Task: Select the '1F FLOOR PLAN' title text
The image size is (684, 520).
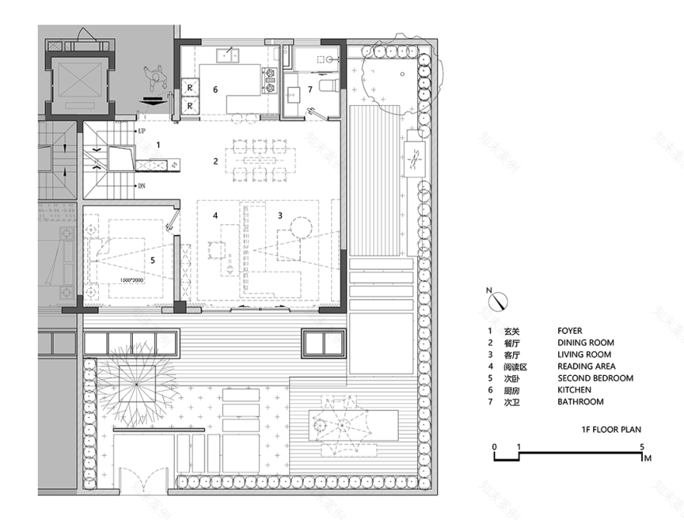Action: [x=611, y=429]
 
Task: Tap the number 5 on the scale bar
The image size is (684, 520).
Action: [x=642, y=446]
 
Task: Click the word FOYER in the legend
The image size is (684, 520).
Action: [x=569, y=331]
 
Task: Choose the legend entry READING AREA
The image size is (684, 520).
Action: [x=586, y=366]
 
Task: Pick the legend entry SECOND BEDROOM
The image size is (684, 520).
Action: [x=595, y=378]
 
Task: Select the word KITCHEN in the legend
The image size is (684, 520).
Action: [x=574, y=390]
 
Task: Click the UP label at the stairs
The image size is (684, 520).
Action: [x=141, y=132]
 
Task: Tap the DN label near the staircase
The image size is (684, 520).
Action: [x=141, y=186]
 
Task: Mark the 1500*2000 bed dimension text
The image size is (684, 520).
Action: [x=133, y=279]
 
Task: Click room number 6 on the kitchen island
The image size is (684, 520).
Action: [x=216, y=90]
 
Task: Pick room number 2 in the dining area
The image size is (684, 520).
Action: [x=216, y=162]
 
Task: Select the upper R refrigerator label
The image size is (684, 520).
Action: [x=189, y=86]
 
